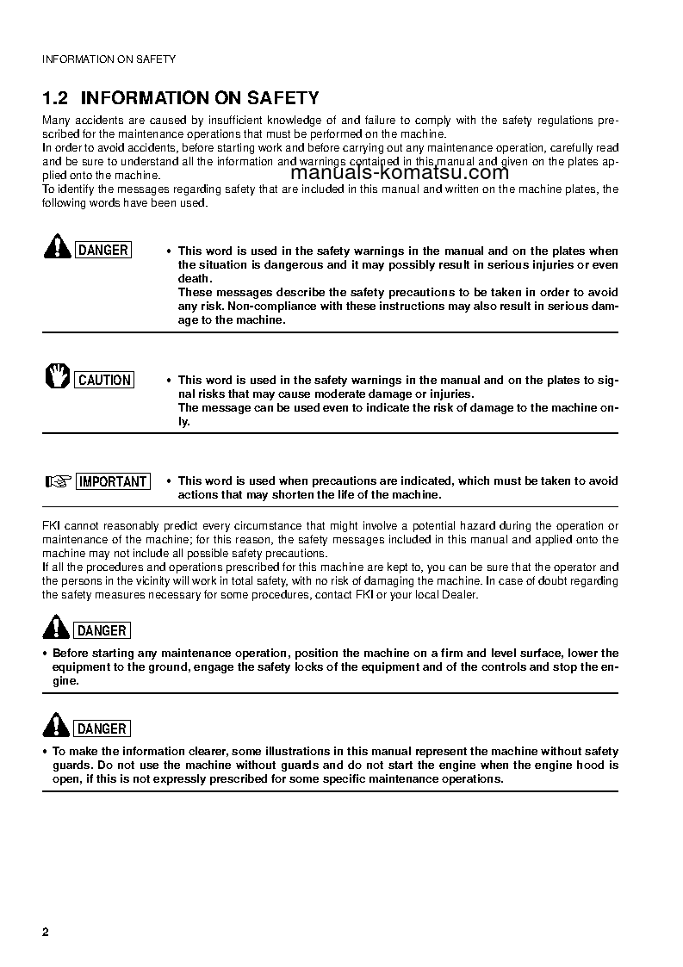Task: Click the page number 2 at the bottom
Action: [x=46, y=933]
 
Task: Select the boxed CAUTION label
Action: [x=104, y=380]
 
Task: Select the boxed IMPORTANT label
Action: [x=113, y=481]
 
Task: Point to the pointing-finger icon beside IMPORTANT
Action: [x=57, y=481]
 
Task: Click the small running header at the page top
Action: [x=109, y=59]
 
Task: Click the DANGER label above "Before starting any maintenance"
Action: [x=102, y=630]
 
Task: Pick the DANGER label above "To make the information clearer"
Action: [x=102, y=728]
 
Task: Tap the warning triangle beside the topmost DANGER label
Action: [x=57, y=248]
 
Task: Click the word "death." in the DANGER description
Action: [x=196, y=279]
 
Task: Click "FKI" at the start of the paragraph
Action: [x=51, y=525]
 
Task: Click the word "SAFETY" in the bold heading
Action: [x=284, y=98]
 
